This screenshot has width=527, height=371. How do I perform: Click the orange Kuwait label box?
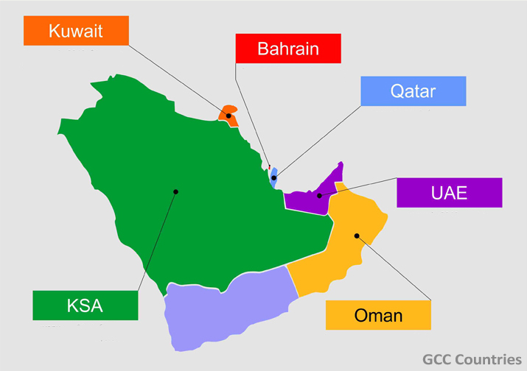tap(76, 31)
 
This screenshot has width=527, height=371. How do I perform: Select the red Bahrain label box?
tap(288, 49)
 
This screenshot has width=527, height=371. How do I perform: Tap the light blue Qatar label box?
tap(413, 92)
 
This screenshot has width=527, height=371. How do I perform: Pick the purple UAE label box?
tap(449, 193)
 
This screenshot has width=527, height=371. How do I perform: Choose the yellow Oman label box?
tap(378, 315)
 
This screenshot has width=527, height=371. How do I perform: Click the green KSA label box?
tap(85, 305)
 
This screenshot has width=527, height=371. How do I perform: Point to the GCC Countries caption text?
tap(472, 359)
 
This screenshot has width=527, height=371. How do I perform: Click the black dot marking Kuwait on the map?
tap(228, 116)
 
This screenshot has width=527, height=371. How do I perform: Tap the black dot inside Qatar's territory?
tap(273, 177)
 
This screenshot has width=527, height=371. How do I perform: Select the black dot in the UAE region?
tap(319, 196)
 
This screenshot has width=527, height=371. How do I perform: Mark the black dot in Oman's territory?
tap(356, 236)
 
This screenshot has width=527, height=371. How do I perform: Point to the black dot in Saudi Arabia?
tap(175, 192)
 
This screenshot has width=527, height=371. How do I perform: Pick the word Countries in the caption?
tap(493, 359)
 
